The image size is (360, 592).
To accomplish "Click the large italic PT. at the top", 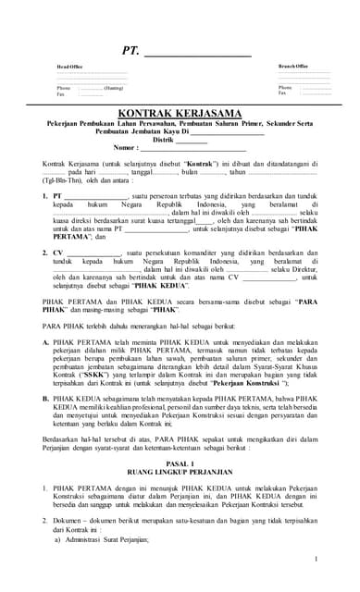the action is coord(130,51).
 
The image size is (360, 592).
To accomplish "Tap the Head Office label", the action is coord(69,68).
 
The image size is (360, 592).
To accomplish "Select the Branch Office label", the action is coord(294,67).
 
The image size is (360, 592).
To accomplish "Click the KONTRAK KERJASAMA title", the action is coord(180,113).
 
